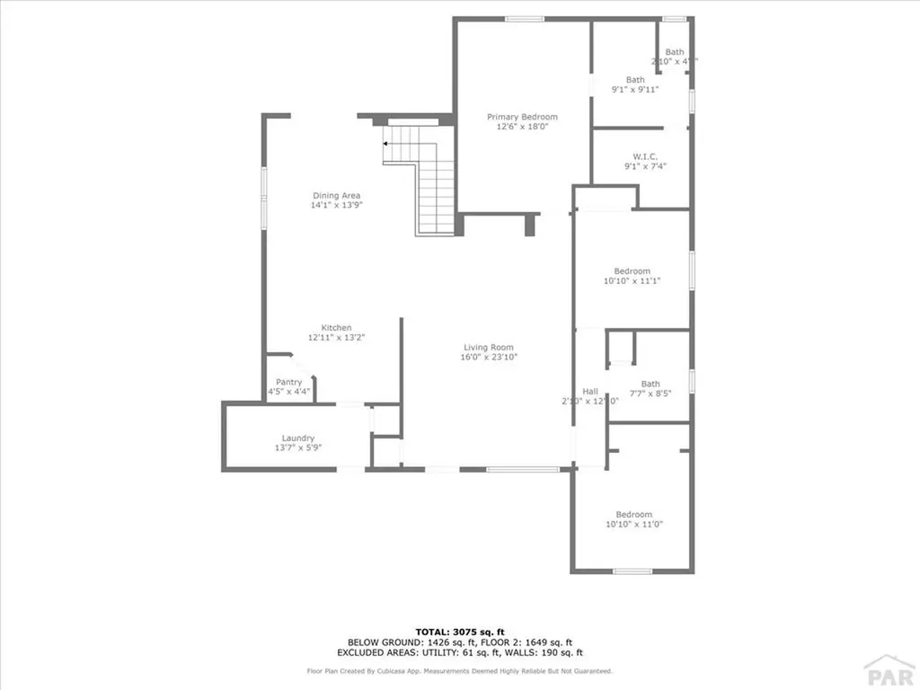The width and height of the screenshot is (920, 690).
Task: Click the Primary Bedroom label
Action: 522,117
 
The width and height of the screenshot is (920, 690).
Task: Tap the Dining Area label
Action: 337,195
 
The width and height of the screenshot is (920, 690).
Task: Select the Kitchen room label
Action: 337,328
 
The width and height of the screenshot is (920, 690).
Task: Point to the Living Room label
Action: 489,348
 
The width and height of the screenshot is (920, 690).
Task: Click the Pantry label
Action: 288,382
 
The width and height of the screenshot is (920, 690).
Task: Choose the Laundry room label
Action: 297,438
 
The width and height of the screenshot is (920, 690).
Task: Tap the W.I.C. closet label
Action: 645,156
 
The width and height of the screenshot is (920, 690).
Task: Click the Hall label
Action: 590,392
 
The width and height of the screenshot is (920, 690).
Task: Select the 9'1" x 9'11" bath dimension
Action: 635,89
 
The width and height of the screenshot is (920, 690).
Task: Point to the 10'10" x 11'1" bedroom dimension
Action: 632,281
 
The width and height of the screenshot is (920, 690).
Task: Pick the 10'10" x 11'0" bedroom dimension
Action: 634,524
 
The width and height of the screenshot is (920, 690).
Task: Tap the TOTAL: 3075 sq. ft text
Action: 459,632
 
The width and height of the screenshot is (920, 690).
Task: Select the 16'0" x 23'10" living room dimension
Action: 489,358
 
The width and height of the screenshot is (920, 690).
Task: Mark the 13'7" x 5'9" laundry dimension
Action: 297,447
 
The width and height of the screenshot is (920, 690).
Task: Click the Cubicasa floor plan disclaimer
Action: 459,670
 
